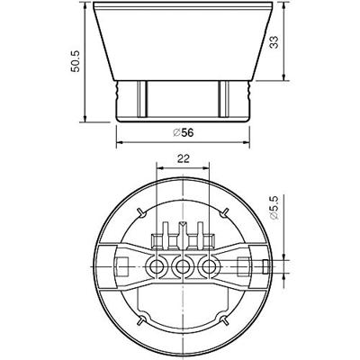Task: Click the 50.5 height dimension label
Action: (75, 61)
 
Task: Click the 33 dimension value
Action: (274, 42)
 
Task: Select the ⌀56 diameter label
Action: (184, 132)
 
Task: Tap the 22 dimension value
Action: (183, 158)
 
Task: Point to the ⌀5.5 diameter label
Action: (274, 208)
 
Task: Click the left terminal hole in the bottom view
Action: (156, 266)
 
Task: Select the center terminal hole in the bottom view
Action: (182, 266)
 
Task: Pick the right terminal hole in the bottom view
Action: (209, 266)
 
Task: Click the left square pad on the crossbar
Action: (122, 266)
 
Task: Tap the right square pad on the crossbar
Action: (243, 266)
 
